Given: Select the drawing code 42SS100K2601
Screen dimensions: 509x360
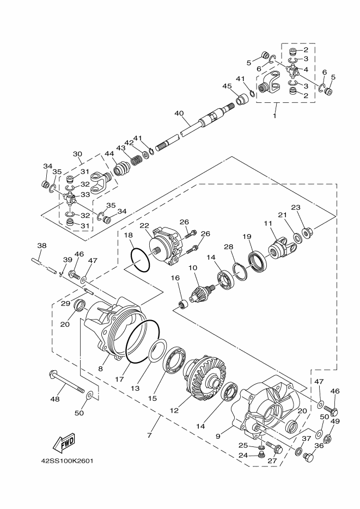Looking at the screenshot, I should click(67, 461).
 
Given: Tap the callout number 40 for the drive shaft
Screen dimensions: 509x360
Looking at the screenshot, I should click(179, 113).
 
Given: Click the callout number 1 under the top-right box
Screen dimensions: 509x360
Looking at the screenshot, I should click(275, 115).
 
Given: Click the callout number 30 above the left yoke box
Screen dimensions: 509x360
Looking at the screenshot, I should click(77, 154).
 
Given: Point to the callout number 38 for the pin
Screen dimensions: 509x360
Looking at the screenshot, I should click(42, 246).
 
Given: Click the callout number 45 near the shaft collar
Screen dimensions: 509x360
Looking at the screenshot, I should click(227, 86).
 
